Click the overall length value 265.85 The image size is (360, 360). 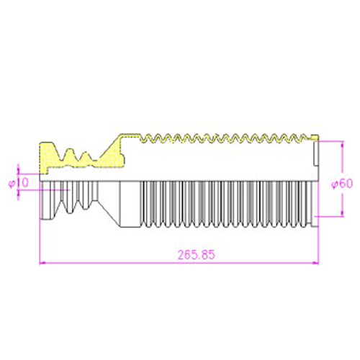point(197,255)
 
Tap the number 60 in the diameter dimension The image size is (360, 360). point(346,184)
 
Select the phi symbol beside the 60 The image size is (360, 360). point(335,184)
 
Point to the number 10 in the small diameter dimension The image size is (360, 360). point(23,182)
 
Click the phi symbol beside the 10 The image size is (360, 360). point(12,184)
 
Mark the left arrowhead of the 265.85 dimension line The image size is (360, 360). point(42,263)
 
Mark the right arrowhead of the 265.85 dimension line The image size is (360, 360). point(315,263)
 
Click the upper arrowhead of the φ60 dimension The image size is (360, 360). point(342,144)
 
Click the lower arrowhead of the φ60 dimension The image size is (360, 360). point(342,213)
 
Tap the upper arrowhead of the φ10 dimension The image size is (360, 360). point(18,171)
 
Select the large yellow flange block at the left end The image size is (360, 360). point(49,156)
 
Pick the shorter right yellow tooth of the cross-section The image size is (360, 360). point(85,158)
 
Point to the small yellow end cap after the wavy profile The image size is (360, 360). point(315,138)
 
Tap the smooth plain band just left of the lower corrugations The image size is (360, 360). point(130,204)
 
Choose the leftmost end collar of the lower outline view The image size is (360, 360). point(45,200)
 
